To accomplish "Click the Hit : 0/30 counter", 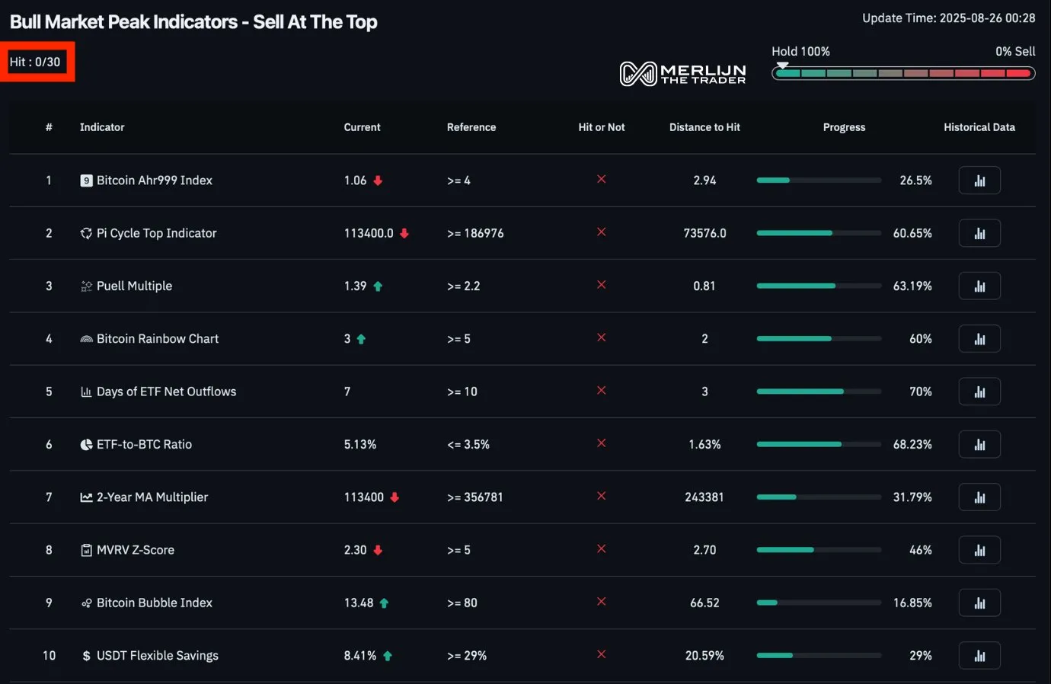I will (x=35, y=62).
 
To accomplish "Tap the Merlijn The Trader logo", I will (x=682, y=73).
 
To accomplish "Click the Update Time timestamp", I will (x=948, y=18).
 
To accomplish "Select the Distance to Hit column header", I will (x=704, y=127).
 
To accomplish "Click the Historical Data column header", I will (x=979, y=127).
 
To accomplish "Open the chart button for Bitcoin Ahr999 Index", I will (x=979, y=181).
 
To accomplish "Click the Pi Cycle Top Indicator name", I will (x=156, y=233).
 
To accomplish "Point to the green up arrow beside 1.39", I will (x=378, y=286).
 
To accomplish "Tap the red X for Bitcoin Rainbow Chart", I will (x=602, y=337).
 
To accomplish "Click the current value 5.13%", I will (x=360, y=444).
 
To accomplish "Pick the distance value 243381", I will (x=704, y=497).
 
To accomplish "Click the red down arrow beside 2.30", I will (x=378, y=550).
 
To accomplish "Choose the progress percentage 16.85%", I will (x=912, y=602).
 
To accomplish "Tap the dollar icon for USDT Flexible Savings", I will (x=86, y=656).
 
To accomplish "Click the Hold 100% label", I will (x=800, y=51).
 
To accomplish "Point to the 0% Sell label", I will (x=1015, y=51).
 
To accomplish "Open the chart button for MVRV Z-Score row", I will (x=979, y=550).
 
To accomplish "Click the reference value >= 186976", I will (x=475, y=233).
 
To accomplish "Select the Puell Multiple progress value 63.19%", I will (x=912, y=286).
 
